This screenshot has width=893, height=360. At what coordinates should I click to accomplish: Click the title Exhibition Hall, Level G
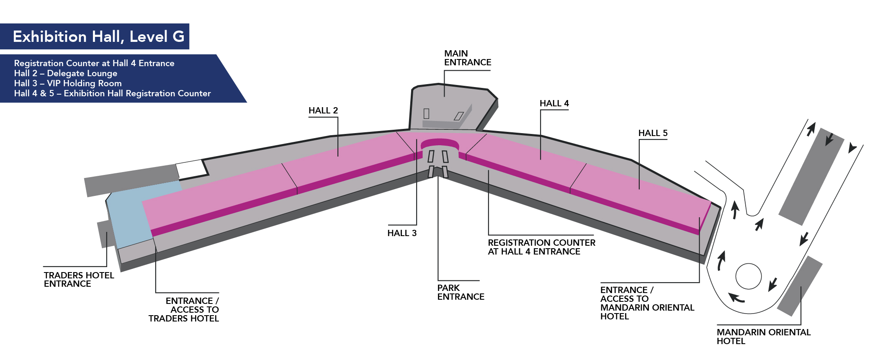click(98, 37)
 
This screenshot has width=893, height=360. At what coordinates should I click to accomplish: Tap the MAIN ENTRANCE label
click(467, 58)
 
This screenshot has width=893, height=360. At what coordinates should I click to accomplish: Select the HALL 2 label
click(323, 111)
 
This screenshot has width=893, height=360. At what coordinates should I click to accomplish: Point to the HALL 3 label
click(401, 233)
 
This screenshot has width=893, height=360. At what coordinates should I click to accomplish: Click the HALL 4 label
click(554, 103)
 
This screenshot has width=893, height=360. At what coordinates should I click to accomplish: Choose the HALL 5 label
click(653, 133)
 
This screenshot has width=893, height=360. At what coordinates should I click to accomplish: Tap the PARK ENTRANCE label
click(461, 292)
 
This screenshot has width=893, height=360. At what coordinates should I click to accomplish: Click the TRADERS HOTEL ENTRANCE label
click(79, 279)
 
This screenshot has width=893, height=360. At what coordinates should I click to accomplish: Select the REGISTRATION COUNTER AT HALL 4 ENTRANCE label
click(541, 247)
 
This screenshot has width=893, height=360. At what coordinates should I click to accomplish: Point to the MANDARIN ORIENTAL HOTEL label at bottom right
click(763, 337)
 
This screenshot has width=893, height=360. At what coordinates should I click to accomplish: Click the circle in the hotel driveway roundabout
click(748, 276)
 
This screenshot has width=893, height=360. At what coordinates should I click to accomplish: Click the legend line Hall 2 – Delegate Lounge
click(66, 73)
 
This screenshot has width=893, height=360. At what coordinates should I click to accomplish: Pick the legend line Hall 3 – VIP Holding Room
click(68, 83)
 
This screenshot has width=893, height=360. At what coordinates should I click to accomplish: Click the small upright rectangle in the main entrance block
click(426, 113)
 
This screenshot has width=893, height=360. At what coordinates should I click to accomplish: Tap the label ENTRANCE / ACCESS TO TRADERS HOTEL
click(184, 309)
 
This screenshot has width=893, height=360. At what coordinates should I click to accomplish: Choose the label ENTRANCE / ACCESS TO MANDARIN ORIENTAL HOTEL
click(646, 303)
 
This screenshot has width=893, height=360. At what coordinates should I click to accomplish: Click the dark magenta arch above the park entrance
click(440, 143)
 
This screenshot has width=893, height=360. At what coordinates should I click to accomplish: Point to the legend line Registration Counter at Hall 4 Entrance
click(94, 63)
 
